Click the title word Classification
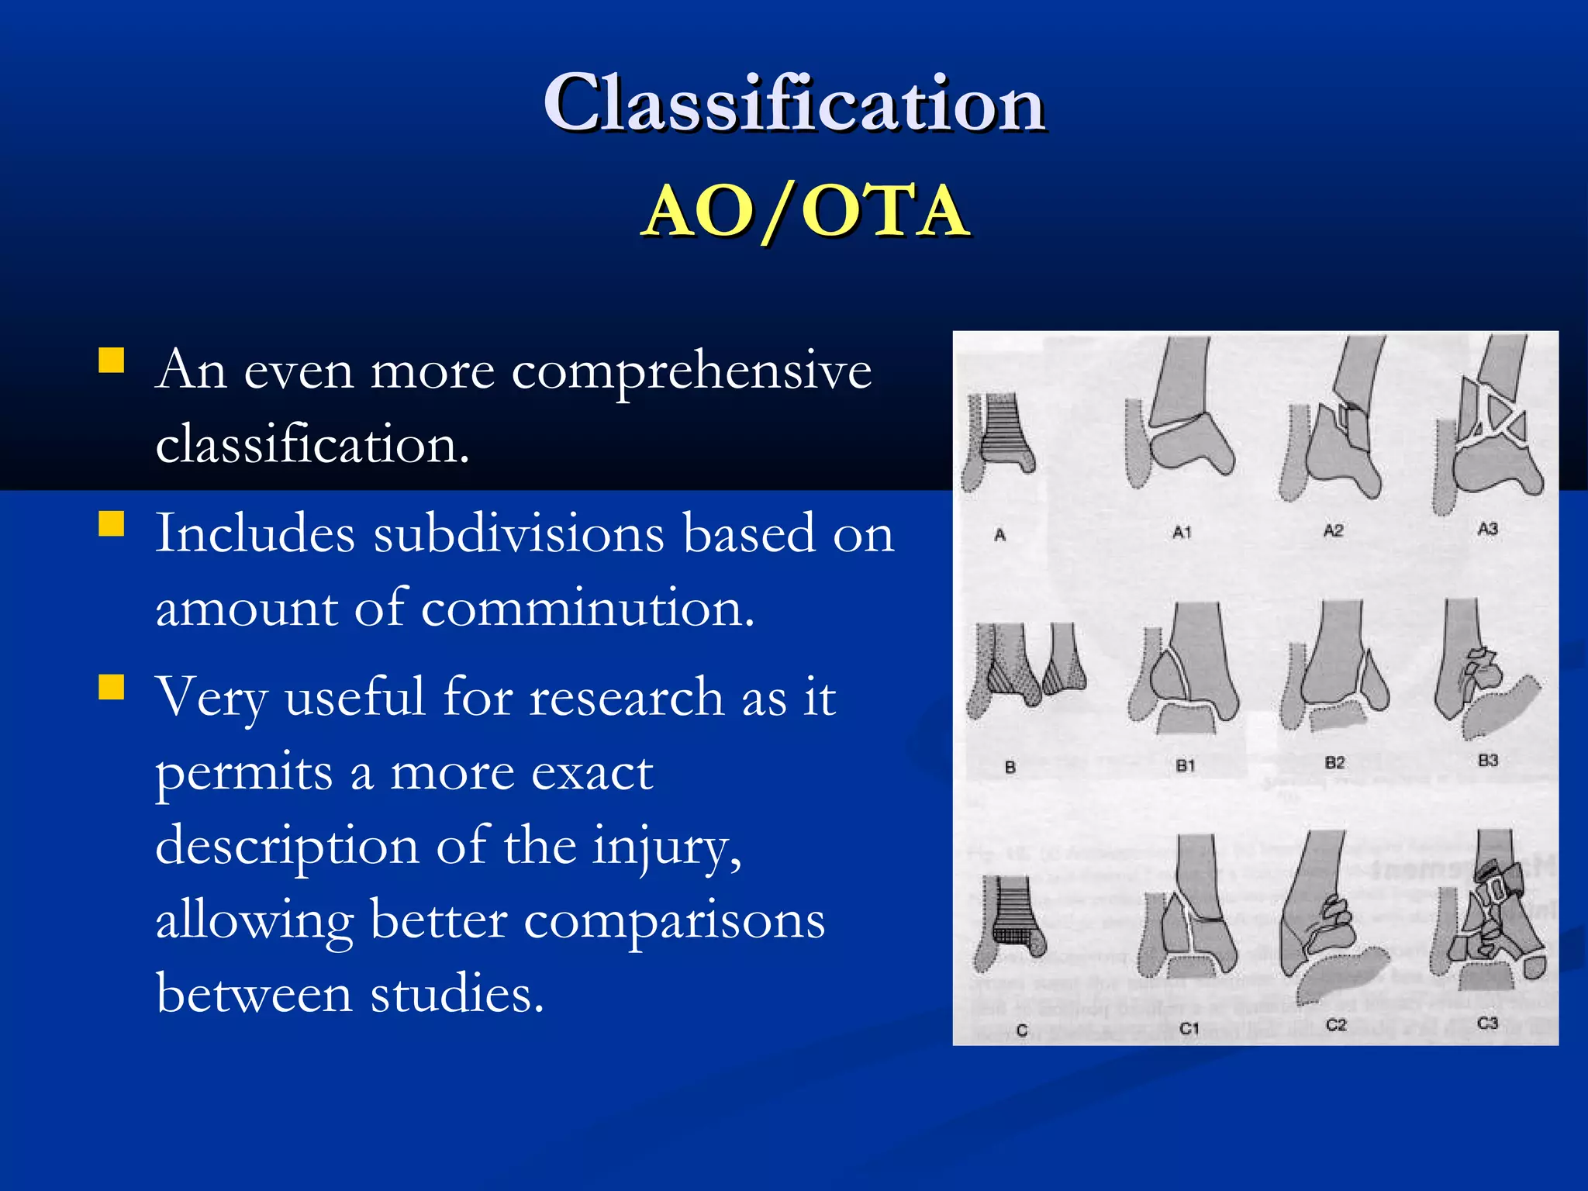pos(794,103)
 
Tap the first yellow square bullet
pos(112,361)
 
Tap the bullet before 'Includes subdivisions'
pos(112,524)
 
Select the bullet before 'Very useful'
pos(112,687)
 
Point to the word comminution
pos(588,608)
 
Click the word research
pos(627,696)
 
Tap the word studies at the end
pos(457,994)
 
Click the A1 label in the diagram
pos(1181,533)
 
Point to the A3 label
pos(1487,529)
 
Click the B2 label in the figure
pos(1334,763)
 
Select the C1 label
pos(1189,1029)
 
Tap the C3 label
pos(1487,1024)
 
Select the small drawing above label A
pos(999,442)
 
